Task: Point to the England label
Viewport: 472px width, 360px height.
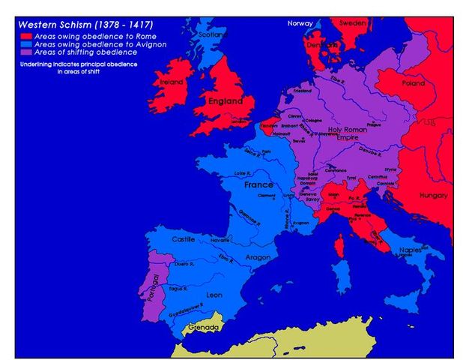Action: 226,100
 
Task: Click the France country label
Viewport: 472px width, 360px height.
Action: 258,184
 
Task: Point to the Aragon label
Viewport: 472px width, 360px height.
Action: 258,257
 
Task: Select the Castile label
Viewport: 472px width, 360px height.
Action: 184,239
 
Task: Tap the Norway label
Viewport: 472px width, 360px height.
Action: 300,23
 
